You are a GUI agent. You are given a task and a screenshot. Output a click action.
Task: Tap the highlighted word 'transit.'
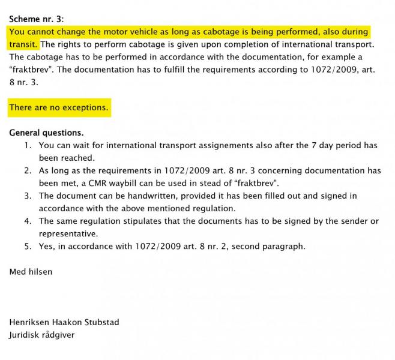pos(23,44)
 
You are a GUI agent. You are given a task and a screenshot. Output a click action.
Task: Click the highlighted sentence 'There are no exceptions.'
pos(59,107)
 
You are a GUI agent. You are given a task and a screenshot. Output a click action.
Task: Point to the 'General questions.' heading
pos(47,133)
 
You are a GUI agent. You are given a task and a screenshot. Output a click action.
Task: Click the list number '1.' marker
pos(28,145)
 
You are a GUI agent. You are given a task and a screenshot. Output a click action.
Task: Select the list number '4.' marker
pos(28,221)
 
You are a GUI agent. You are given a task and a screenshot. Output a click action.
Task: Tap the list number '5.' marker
pos(28,246)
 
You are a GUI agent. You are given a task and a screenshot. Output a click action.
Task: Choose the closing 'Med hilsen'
pos(31,271)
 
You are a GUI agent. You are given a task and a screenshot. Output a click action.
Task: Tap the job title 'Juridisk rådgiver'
pos(42,335)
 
